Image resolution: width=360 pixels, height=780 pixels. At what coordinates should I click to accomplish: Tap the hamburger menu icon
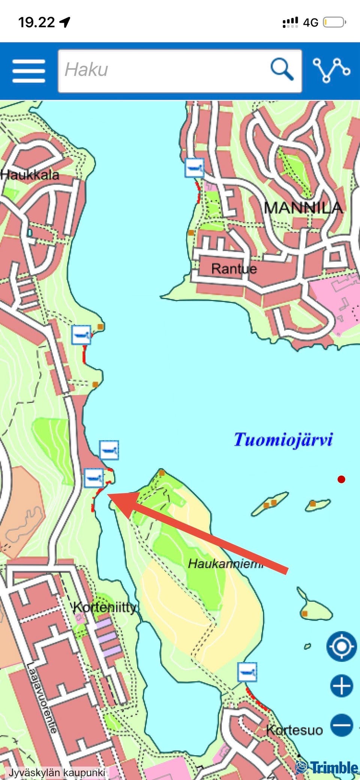tap(28, 71)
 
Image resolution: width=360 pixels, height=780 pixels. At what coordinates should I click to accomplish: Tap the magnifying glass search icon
tap(282, 69)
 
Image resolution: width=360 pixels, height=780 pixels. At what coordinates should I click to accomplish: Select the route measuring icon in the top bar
tap(331, 70)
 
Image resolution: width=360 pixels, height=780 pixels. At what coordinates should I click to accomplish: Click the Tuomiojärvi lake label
tap(283, 439)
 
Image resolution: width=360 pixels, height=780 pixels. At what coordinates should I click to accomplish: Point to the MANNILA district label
tap(303, 207)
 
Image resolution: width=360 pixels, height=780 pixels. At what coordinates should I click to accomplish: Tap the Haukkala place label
tap(30, 175)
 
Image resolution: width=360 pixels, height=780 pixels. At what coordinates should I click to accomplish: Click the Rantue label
tap(234, 269)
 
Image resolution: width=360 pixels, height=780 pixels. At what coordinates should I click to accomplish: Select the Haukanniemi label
tap(225, 564)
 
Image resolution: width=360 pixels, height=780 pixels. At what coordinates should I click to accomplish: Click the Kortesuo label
tap(294, 730)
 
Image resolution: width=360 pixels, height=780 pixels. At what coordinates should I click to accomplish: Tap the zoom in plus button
tap(341, 685)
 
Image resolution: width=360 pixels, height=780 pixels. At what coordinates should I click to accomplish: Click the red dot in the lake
tap(341, 479)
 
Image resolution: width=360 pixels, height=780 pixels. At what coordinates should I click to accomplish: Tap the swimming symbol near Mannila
tap(194, 167)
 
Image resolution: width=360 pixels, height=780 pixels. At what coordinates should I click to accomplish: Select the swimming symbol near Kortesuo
tap(247, 672)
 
